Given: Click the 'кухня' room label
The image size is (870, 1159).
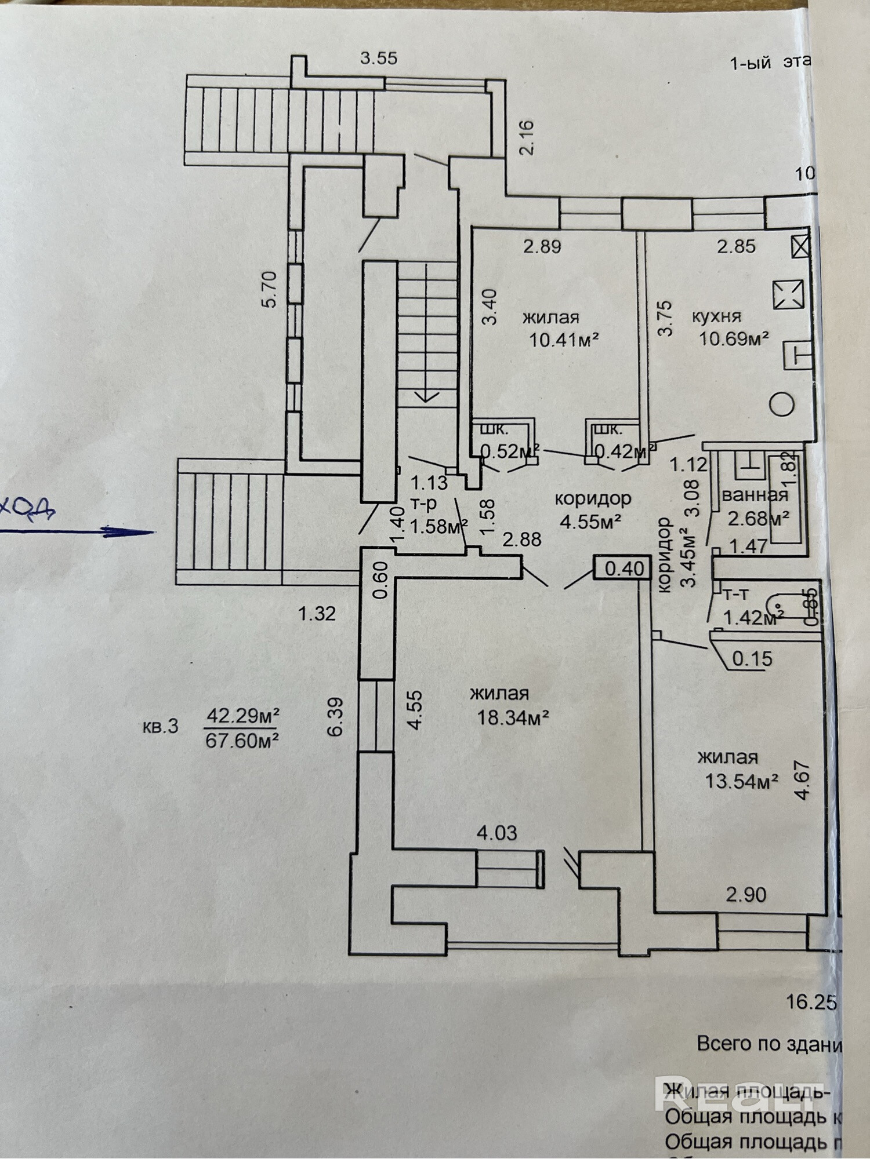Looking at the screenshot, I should coord(716,317).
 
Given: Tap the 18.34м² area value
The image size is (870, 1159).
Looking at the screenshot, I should coord(513,718).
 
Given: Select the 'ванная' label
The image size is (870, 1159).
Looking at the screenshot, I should coord(755,495).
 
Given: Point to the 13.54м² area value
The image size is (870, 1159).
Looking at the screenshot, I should coord(741,782).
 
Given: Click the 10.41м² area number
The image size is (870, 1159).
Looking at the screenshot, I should coord(563,339).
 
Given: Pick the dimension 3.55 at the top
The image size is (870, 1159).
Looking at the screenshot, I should coord(379,58).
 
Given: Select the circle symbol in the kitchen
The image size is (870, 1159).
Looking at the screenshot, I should coord(782,404).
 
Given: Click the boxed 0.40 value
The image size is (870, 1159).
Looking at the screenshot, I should coord(624,568).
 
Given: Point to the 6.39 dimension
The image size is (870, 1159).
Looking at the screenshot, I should coord(335,717).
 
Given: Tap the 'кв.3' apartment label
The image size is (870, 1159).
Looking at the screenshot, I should coord(160,727).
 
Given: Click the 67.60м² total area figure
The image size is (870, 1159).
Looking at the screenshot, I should coord(242,740).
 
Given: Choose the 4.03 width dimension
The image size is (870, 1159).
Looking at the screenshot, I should coord(496,833).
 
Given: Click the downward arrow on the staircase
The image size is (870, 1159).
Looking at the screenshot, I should coord(427,394).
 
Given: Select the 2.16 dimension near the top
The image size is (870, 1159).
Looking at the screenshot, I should coord(527,137).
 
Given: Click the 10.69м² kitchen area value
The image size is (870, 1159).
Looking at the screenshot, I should coord(734,338).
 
